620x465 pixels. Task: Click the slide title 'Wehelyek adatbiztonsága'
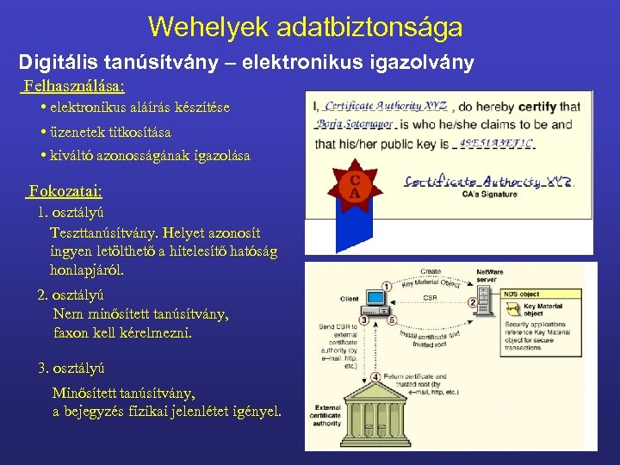pos(305,27)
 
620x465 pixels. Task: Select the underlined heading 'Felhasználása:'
pos(74,86)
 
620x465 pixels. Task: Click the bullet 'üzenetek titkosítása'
pos(110,133)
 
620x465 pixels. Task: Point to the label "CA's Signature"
pos(490,195)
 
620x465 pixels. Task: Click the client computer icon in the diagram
pos(376,301)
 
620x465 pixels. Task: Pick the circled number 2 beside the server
pos(472,303)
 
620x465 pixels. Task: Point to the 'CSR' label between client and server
pos(428,298)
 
